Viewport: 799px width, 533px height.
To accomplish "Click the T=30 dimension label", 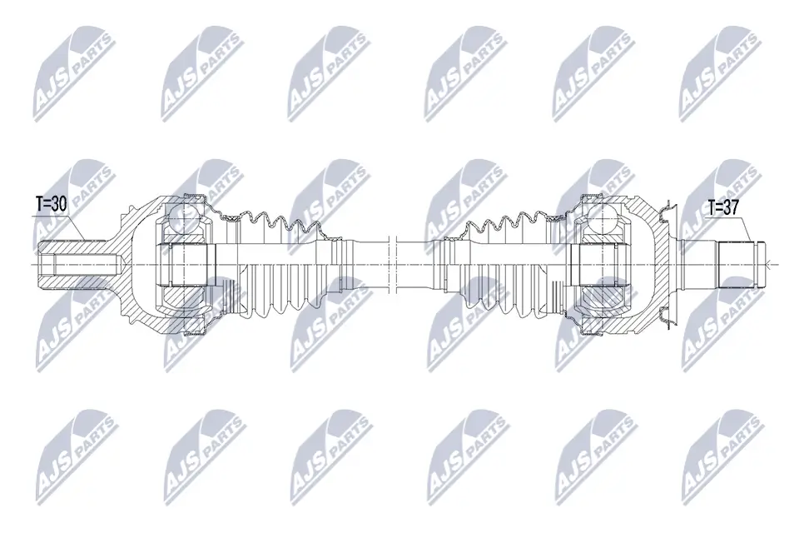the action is pos(51,205).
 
